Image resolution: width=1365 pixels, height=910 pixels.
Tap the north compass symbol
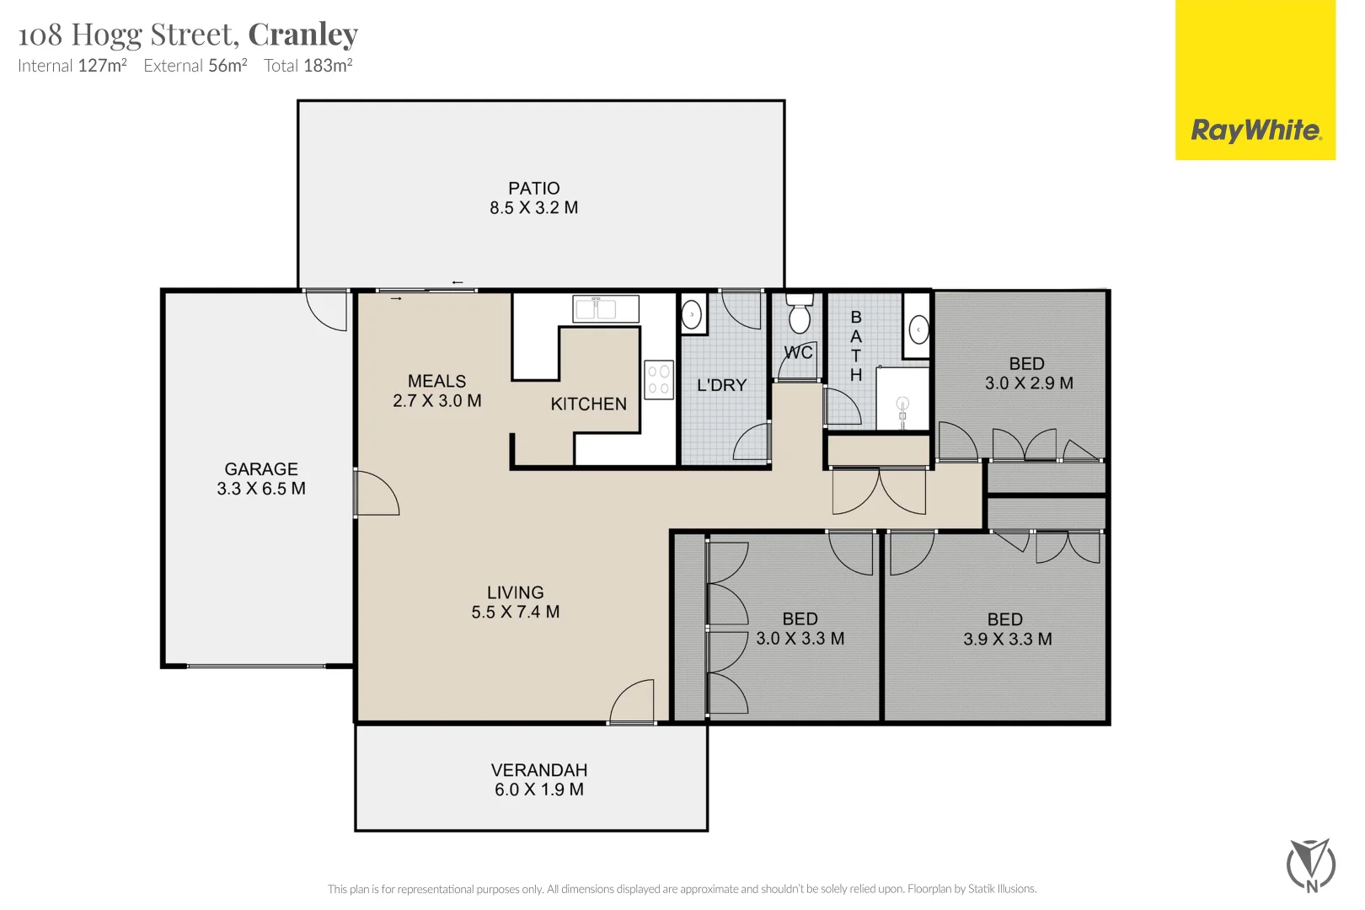1311,865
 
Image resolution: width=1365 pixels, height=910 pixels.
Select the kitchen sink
606,309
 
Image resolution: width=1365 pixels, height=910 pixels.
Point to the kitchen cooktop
659,380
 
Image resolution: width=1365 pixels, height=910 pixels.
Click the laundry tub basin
692,314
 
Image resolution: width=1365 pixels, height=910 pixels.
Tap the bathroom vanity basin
918,330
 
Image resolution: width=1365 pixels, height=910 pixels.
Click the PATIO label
534,189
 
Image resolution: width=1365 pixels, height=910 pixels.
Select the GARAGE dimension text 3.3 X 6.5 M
261,489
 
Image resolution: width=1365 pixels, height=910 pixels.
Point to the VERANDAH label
539,770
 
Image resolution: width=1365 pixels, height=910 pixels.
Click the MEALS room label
437,382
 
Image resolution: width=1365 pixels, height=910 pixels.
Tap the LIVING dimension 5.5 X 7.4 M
516,612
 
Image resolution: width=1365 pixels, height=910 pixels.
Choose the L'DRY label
722,385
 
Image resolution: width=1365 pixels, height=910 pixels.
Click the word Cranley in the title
302,35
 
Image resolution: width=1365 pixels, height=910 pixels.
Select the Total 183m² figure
308,65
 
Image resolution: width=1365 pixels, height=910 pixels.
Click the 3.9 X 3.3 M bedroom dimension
1008,640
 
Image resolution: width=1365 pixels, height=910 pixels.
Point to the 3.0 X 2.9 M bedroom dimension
1030,383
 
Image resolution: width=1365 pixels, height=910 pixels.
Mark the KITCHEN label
589,404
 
